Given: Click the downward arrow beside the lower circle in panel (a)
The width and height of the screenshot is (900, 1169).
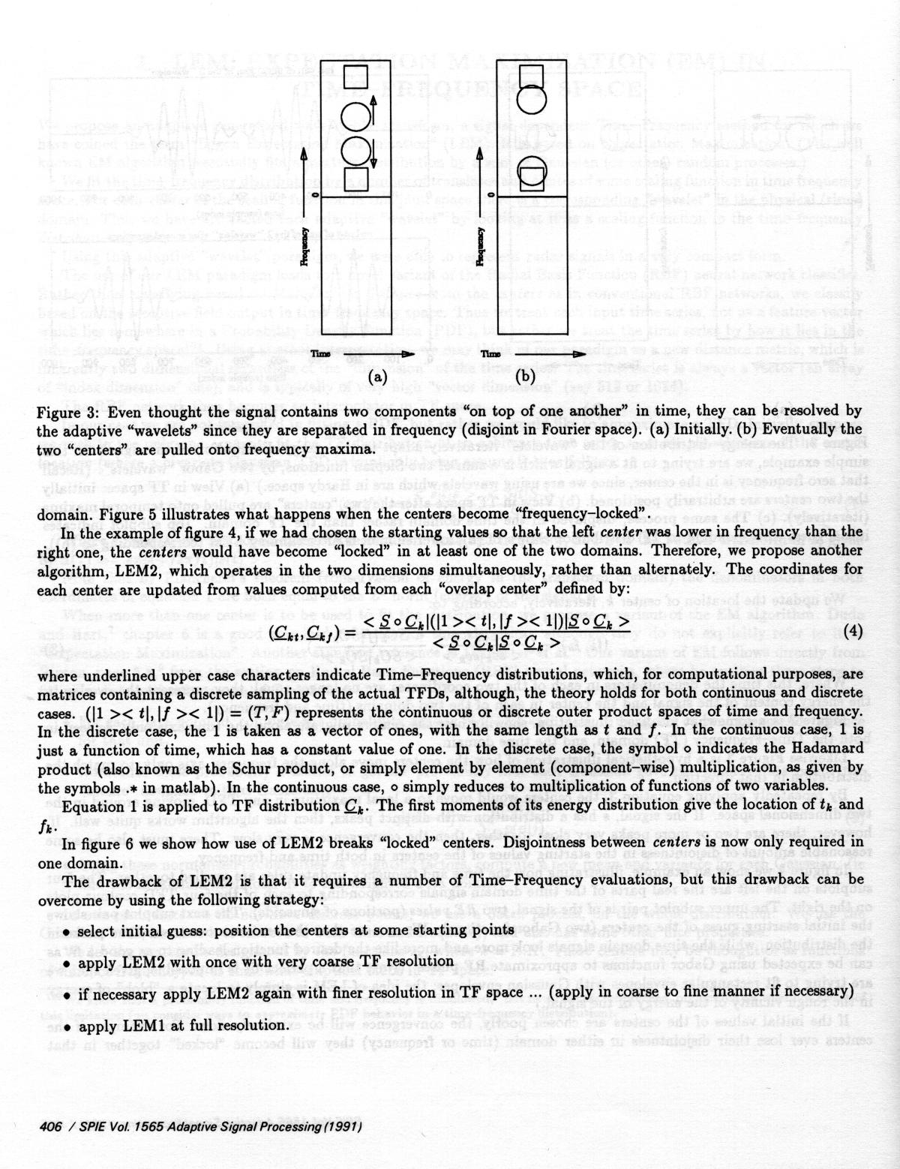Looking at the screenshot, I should click(370, 153).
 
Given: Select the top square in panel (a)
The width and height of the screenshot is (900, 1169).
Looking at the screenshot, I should click(353, 78).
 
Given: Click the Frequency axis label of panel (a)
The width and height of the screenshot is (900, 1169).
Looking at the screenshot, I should click(305, 245).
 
